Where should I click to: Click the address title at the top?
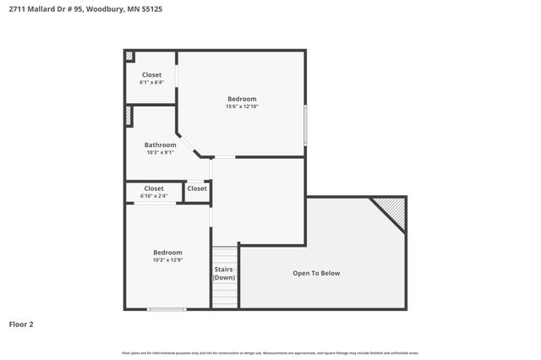point(79,10)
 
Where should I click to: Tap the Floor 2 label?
point(21,324)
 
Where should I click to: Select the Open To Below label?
point(316,273)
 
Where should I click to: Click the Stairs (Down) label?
point(224,274)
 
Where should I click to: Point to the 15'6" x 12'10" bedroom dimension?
point(241,106)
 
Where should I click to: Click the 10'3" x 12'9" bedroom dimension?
point(167,260)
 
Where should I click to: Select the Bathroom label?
point(160,145)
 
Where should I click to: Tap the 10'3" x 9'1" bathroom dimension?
point(160,153)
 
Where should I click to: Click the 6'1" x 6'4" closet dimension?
point(151,83)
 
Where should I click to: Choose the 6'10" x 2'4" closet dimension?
point(154,196)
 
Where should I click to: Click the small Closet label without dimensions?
point(197,188)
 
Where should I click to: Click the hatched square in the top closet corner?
point(129,57)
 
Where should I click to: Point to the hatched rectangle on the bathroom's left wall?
point(128,116)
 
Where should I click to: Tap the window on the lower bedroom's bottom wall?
point(167,308)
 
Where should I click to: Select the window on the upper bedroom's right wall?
point(305,128)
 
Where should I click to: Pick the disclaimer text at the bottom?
point(270,352)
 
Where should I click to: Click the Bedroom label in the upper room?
point(241,98)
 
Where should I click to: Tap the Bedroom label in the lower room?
point(167,252)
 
